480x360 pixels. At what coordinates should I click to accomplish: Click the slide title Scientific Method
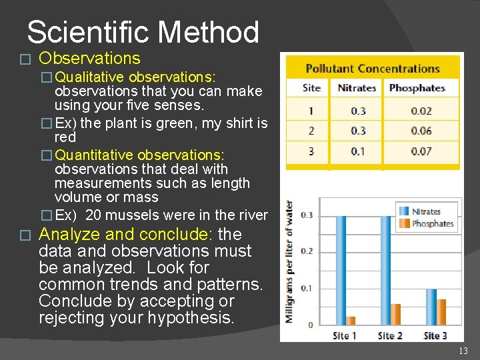143,32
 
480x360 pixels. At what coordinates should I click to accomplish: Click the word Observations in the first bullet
89,59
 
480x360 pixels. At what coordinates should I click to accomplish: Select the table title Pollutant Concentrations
372,69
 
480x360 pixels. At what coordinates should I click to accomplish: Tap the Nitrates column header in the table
357,88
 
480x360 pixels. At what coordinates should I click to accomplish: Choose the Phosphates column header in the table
417,88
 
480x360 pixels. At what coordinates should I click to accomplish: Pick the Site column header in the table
311,88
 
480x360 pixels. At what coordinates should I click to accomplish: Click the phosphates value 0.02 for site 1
421,111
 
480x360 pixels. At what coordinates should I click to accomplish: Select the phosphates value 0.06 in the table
421,131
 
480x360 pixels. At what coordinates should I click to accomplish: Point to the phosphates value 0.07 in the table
421,151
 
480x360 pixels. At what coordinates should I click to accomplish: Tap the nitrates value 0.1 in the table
358,151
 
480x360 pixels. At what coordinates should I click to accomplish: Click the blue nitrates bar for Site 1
341,270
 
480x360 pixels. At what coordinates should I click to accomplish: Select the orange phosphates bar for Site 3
441,312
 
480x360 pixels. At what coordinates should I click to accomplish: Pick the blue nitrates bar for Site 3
431,307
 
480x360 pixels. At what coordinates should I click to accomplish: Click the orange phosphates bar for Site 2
395,314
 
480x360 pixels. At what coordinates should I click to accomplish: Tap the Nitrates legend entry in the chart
425,211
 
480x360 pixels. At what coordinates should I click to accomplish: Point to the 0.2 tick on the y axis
306,252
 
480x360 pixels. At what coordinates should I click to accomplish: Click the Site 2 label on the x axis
389,335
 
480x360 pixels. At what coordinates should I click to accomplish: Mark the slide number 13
463,351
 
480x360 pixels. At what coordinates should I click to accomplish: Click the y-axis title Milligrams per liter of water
290,261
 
